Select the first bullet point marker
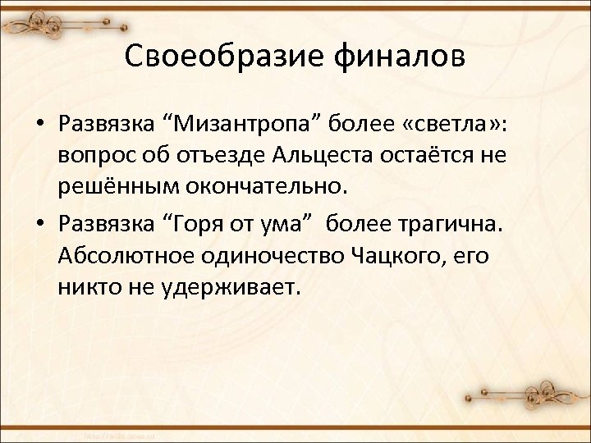click(39, 124)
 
